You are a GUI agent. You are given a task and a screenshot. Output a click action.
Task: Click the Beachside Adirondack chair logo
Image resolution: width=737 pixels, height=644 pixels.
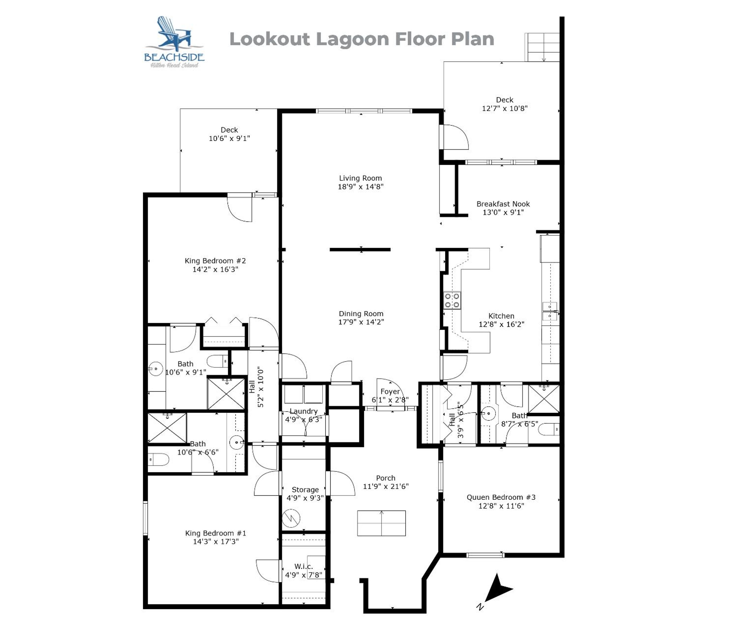point(174,42)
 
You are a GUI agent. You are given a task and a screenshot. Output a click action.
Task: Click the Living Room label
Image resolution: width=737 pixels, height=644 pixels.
point(360,178)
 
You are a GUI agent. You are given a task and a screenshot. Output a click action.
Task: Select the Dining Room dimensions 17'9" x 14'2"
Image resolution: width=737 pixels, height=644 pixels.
point(361,322)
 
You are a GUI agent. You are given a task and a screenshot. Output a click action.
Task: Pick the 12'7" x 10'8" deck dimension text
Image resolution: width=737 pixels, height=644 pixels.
point(505,109)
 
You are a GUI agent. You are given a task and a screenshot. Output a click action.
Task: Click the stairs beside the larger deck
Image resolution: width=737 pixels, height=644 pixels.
point(542,47)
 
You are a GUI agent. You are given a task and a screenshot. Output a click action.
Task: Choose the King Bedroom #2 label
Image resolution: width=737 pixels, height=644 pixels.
point(215,261)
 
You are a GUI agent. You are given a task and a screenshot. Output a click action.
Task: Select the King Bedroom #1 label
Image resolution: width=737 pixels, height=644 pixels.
point(216,533)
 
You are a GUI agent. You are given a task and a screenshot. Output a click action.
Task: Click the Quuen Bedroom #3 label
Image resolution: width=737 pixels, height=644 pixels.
point(501,497)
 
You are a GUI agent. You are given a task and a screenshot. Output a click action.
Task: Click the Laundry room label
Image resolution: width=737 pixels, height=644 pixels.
point(303,411)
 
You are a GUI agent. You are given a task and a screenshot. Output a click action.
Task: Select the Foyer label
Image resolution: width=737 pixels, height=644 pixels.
point(390,392)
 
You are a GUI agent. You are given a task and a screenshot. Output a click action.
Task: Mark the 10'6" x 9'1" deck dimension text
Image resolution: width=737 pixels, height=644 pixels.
point(230,138)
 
